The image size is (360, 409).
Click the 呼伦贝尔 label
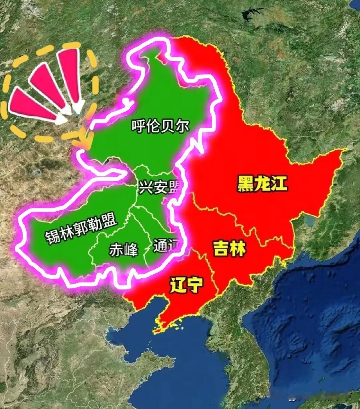tap(160, 126)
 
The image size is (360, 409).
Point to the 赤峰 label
tap(123, 250)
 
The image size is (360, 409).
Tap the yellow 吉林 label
tap(230, 248)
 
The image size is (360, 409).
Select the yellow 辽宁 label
tap(186, 285)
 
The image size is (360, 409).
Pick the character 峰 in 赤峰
tap(130, 250)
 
